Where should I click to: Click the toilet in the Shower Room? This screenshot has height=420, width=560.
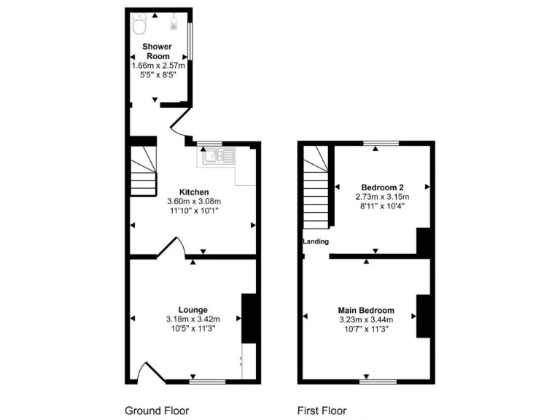point(141,26)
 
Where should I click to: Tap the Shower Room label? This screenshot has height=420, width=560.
point(157,52)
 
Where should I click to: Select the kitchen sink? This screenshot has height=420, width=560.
point(219,155)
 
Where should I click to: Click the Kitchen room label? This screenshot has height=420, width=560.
point(193,192)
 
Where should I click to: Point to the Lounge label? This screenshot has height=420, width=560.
point(193,310)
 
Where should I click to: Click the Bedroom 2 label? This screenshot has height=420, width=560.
point(382,187)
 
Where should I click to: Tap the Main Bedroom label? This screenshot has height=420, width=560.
point(366,310)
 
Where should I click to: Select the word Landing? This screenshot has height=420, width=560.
point(316,241)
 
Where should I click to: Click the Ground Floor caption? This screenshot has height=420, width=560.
point(157,411)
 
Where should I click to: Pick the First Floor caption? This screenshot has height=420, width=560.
point(322,411)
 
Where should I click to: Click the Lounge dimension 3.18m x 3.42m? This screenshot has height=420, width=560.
point(193,319)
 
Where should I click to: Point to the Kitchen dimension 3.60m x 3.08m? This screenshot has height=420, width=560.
point(193,202)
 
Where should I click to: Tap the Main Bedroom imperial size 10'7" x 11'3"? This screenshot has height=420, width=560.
point(366,329)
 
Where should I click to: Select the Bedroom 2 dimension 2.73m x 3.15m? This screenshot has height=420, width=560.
point(382,196)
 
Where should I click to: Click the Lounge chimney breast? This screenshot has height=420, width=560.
point(249,318)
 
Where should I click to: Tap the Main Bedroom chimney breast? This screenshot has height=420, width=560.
point(424,316)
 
